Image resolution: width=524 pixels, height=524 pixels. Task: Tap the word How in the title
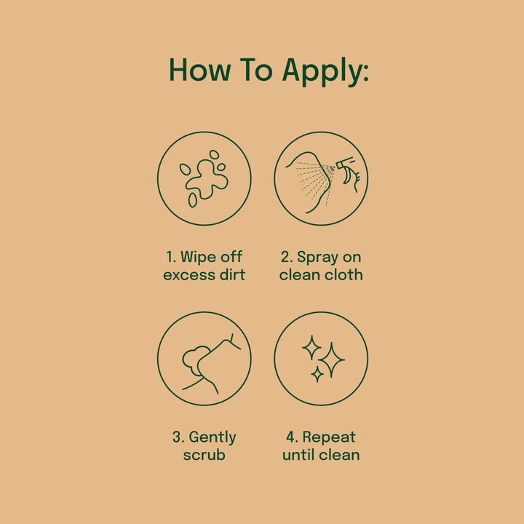tap(200, 70)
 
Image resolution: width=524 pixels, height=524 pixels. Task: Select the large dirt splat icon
tap(207, 180)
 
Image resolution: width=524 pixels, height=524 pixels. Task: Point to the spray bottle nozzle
tap(344, 163)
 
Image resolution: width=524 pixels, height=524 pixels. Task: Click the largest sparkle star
tap(331, 360)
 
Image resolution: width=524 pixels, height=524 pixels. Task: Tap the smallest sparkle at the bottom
tap(317, 374)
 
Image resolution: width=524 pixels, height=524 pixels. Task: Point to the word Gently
tap(213, 438)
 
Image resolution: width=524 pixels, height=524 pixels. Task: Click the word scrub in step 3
tap(205, 455)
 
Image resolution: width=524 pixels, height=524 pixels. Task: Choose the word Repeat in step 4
tap(329, 438)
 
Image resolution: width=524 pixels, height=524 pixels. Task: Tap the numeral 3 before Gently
tap(176, 437)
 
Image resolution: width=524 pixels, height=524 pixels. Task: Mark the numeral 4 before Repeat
tap(290, 437)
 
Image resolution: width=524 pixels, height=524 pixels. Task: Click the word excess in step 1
tap(189, 275)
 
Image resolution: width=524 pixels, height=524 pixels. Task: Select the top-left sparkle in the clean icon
tap(311, 348)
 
